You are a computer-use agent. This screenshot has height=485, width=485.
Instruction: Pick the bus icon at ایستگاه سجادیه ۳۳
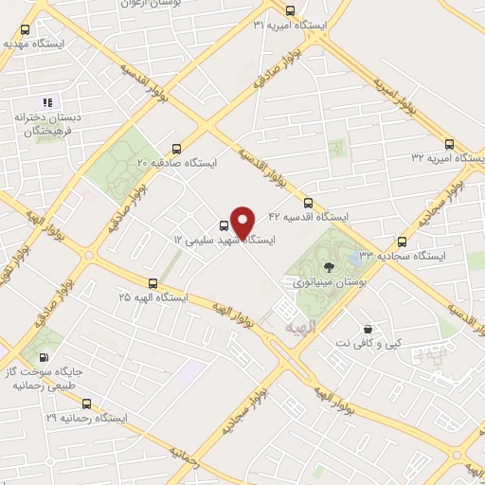[x=403, y=241]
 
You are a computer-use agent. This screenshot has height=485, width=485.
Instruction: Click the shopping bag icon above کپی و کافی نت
[x=367, y=329]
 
